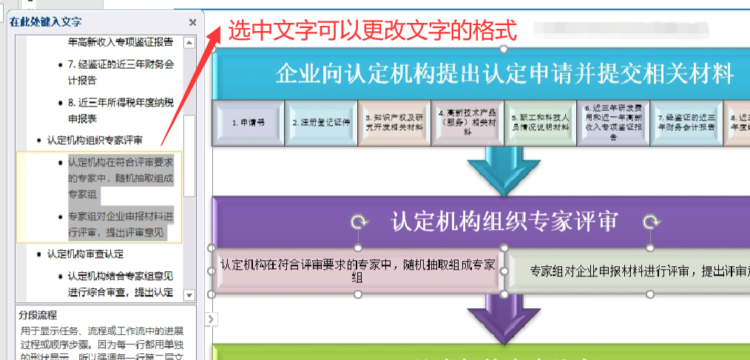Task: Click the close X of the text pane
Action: tap(193, 22)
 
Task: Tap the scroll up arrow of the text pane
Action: tap(190, 43)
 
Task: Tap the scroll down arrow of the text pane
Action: tap(190, 295)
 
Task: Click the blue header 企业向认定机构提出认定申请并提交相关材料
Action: tap(504, 74)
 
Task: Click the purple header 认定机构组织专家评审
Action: tap(504, 221)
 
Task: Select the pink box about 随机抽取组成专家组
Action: tap(358, 271)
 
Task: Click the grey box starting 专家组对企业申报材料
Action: tap(629, 271)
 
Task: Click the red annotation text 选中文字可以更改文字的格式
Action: tap(371, 31)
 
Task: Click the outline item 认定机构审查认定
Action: tap(84, 254)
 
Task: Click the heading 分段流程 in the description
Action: tap(38, 315)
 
